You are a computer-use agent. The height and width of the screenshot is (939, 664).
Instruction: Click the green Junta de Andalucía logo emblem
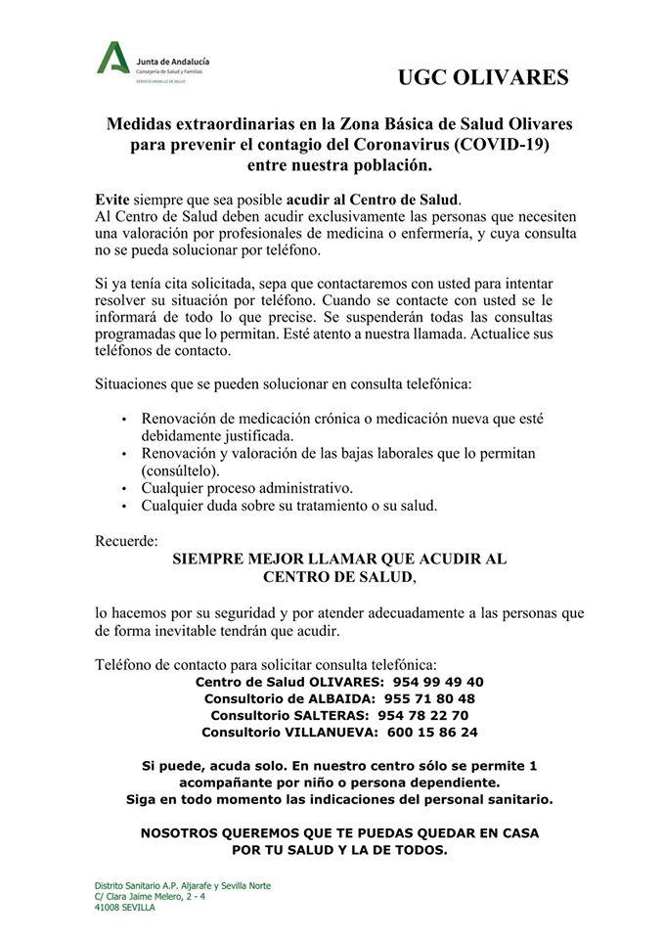pos(113,60)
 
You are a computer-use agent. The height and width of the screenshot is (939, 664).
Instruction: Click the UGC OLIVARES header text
pos(483,77)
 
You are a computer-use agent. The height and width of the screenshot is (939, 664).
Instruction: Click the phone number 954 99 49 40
pos(438,682)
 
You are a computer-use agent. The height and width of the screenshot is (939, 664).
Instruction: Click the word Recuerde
pos(126,540)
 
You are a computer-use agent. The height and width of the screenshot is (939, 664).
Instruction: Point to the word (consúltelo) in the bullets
pos(181,470)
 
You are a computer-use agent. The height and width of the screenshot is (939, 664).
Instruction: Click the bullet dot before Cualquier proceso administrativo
pos(124,489)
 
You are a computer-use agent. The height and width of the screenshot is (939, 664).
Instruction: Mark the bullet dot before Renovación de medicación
pos(124,420)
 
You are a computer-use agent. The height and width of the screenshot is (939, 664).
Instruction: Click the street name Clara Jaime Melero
pos(151,896)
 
